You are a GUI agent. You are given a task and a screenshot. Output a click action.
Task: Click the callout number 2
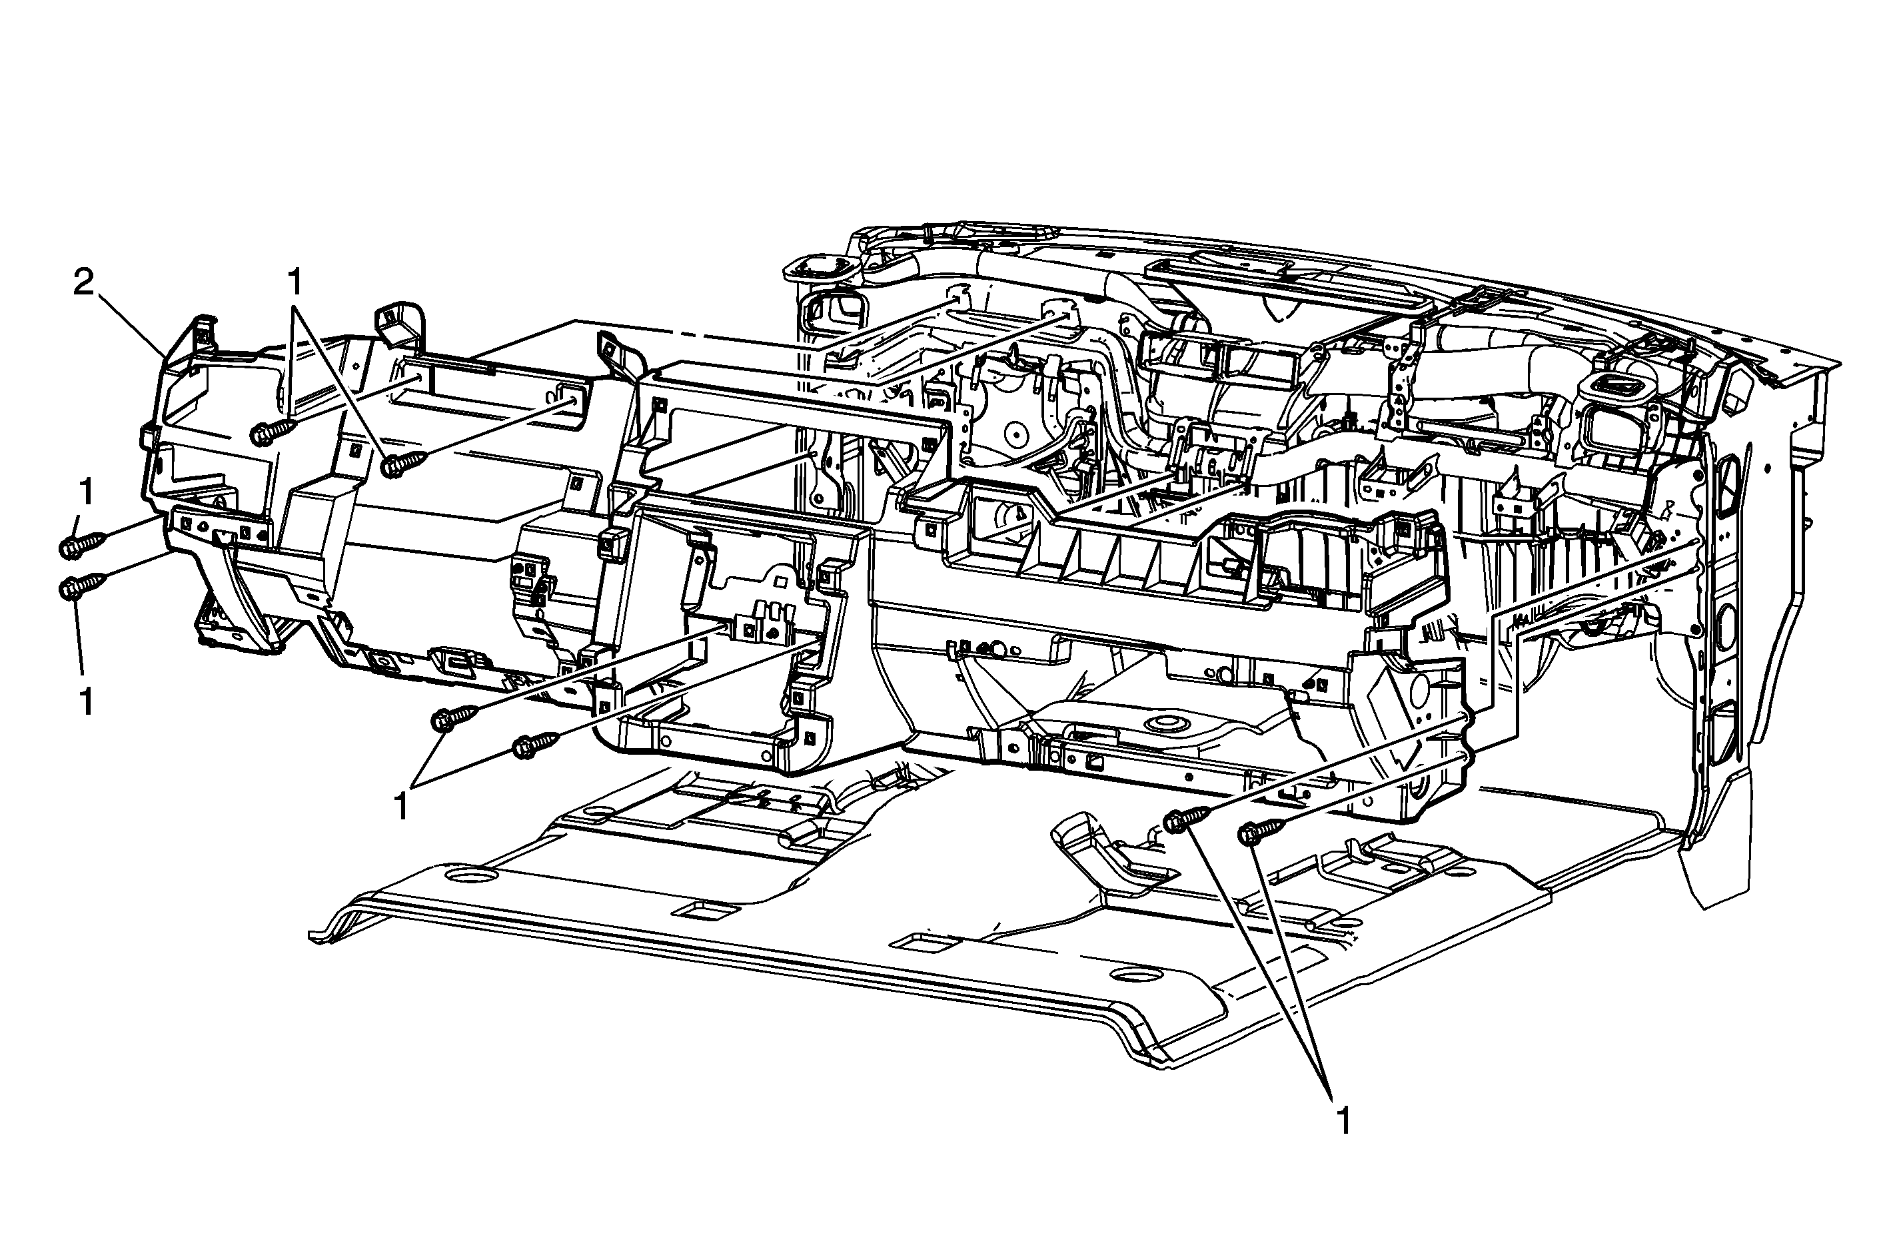[x=84, y=282]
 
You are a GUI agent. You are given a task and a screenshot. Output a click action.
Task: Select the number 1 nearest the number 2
[x=295, y=282]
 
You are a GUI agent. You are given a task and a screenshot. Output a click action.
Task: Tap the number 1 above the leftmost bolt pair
[x=85, y=492]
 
